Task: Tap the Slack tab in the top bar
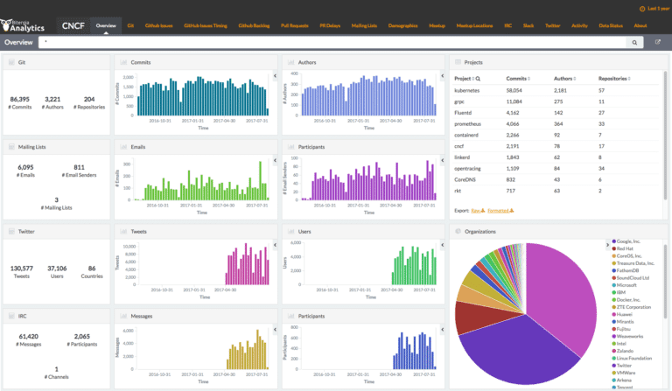click(x=528, y=26)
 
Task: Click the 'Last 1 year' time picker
click(x=654, y=8)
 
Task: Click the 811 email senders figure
click(x=79, y=167)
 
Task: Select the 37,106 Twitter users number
click(x=57, y=269)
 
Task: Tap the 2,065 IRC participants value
click(x=81, y=336)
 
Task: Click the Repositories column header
click(x=613, y=79)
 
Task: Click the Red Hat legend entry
click(x=623, y=248)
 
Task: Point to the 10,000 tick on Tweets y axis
click(x=128, y=247)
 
